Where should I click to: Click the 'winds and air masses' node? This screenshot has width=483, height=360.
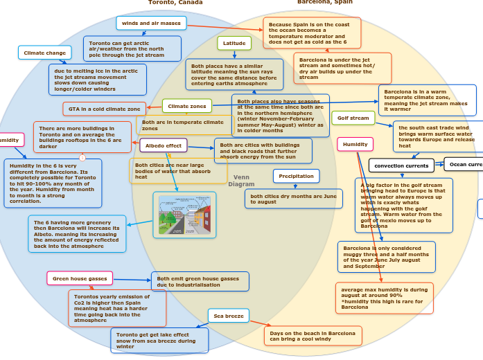pos(151,23)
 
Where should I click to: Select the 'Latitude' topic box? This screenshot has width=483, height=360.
pos(234,43)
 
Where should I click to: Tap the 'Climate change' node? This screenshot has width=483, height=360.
pos(44,53)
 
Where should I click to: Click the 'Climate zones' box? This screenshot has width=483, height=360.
pos(187,106)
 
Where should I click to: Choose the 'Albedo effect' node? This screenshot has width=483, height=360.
pos(164,145)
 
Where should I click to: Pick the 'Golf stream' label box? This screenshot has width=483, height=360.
pos(353,118)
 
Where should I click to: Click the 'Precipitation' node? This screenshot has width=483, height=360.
pos(296,177)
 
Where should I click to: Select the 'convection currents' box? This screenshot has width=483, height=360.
pos(401,165)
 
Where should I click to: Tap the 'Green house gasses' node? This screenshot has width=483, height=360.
pos(80,278)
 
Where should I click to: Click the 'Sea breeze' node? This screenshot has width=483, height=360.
pos(228,316)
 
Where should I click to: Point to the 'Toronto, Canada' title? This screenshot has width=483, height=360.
pos(175,3)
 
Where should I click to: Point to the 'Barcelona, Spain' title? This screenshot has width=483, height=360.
pos(324,3)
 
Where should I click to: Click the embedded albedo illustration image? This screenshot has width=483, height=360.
pos(184,215)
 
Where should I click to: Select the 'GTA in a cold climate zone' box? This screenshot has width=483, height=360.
pos(104,109)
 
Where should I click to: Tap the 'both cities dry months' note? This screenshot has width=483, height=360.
pos(293,199)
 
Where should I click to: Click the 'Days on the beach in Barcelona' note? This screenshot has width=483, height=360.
pos(312,336)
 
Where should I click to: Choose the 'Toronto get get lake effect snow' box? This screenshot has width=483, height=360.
pos(159,340)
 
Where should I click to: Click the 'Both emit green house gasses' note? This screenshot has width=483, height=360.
pos(200,281)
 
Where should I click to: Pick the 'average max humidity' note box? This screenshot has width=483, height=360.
pos(384,298)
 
